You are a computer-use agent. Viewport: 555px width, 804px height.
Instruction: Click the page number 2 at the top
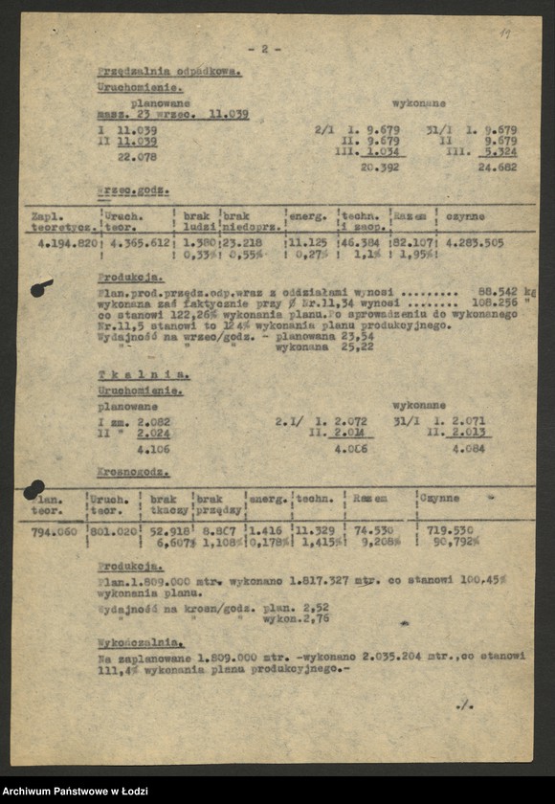point(264,48)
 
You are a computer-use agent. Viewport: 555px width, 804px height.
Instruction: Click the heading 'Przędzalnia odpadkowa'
point(168,71)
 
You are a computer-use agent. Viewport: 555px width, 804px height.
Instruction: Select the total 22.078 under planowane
point(137,157)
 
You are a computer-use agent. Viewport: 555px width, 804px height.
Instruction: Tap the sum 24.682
point(497,167)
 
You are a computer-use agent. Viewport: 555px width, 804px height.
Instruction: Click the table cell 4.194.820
point(64,243)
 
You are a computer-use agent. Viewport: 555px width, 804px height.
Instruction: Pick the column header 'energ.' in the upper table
point(307,216)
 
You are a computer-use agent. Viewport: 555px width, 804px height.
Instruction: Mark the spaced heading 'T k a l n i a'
point(144,374)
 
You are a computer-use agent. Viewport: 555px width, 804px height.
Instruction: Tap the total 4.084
point(468,448)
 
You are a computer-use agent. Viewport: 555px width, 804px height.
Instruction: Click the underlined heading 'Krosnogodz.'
point(133,472)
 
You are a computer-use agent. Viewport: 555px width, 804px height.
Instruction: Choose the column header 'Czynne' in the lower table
point(440,498)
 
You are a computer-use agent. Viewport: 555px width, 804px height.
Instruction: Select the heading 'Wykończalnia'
point(141,642)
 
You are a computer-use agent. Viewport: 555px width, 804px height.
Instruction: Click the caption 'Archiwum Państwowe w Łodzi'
point(75,790)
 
